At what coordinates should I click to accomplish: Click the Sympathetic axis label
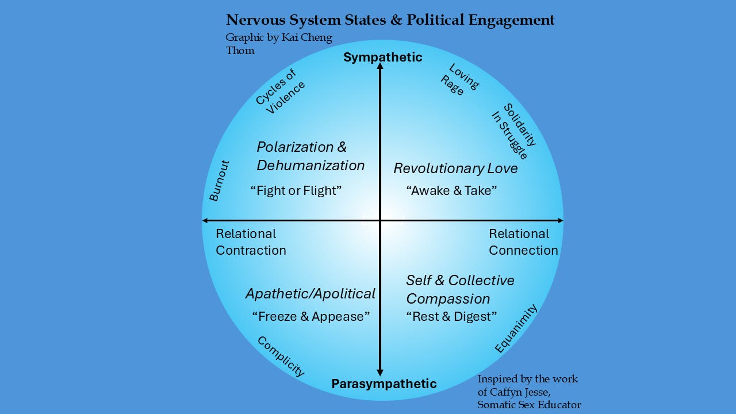point(382,57)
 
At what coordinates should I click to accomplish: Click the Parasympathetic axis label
point(384,384)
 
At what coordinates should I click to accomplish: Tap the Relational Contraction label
point(250,242)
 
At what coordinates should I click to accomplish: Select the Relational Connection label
point(523,242)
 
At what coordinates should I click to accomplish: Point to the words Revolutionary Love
point(455,168)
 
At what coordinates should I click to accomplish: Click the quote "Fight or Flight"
point(296,190)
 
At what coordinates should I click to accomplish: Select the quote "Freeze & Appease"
point(310,316)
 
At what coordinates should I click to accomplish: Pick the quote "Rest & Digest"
point(451,316)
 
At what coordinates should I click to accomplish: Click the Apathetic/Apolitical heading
point(310,294)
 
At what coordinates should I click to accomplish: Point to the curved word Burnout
point(219,181)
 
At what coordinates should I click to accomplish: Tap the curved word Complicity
point(280,356)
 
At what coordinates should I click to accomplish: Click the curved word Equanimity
point(516,328)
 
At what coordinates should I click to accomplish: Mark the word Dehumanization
point(310,166)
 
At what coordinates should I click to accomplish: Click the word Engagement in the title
point(511,20)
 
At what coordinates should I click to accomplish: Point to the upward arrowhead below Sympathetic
point(380,67)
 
